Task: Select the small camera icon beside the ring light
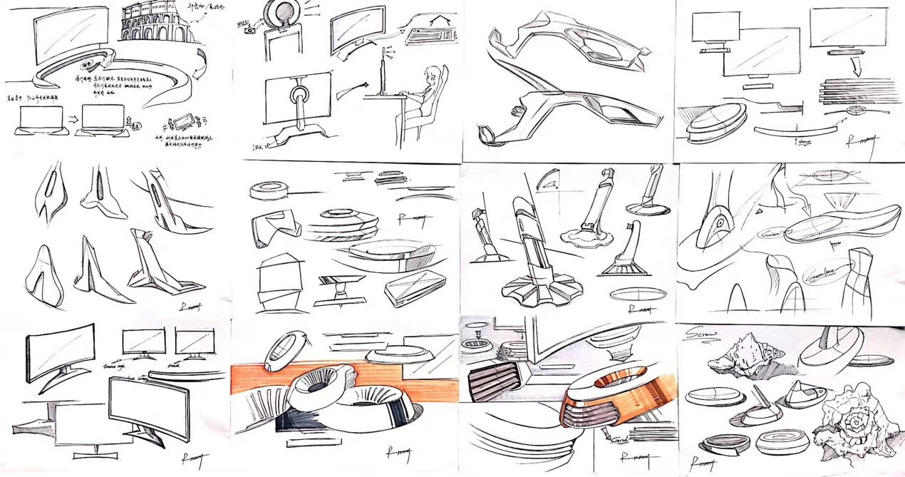click(x=249, y=30)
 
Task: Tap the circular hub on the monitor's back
click(x=299, y=95)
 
